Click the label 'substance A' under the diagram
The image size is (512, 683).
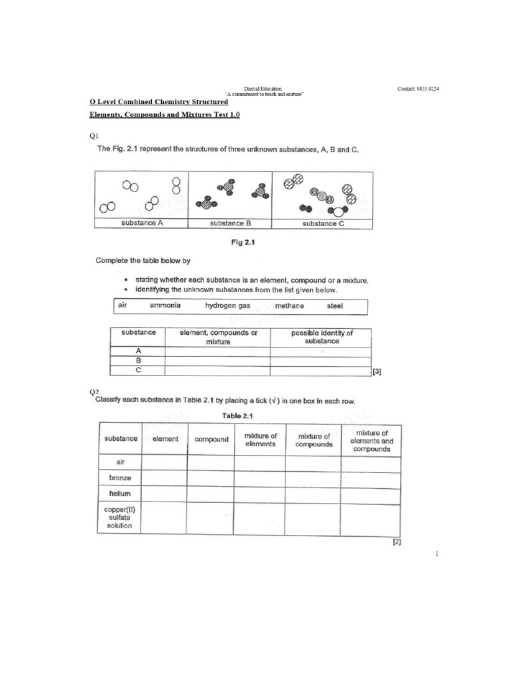pos(142,223)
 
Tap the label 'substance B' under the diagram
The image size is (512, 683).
pos(231,223)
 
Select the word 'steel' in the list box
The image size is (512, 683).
pos(335,305)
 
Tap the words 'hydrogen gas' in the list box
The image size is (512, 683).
pos(227,305)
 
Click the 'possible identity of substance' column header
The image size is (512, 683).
pos(321,337)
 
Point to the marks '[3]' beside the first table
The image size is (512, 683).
pos(377,372)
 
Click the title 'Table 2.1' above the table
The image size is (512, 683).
pos(237,416)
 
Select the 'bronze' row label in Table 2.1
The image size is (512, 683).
pos(120,478)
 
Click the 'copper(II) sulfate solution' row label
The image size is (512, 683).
pos(120,517)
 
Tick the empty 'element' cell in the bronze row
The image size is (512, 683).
pos(164,478)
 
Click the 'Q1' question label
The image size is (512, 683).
pos(94,136)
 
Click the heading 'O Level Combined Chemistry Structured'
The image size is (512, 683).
pos(159,101)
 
